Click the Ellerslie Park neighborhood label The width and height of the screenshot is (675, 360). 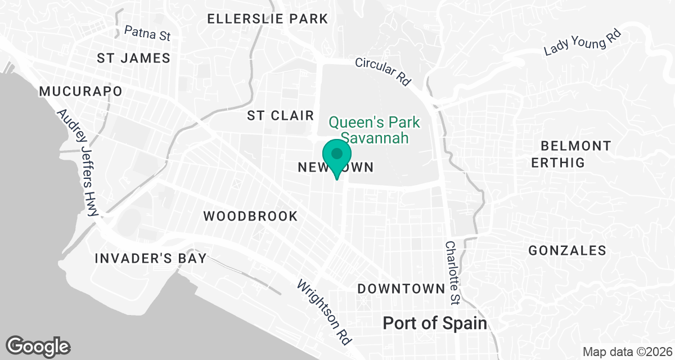267,19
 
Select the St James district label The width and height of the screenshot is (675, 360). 133,58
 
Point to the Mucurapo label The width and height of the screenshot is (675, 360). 80,91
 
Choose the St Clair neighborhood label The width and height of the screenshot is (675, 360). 280,116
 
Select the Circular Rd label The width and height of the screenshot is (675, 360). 383,71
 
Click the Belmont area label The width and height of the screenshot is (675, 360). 575,146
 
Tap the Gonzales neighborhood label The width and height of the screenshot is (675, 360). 567,251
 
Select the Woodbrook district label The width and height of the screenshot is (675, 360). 250,216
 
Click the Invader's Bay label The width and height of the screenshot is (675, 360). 150,259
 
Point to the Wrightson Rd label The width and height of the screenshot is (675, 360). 324,312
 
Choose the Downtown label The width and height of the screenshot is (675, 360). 401,289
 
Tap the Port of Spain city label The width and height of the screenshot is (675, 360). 434,323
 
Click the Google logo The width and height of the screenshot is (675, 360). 38,346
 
